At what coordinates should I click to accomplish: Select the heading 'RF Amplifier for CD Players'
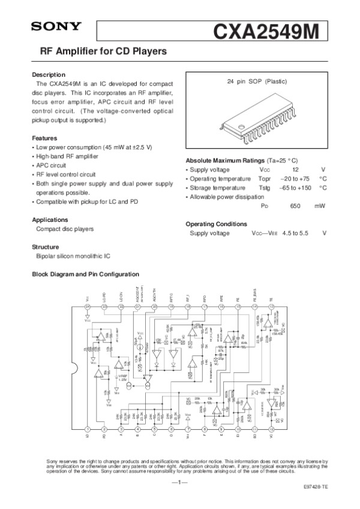pyautogui.click(x=103, y=52)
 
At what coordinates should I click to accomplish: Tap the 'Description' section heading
pyautogui.click(x=48, y=74)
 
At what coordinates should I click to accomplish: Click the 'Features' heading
pyautogui.click(x=44, y=137)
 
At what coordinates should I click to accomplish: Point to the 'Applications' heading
pyautogui.click(x=50, y=219)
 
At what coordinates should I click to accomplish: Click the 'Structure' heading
pyautogui.click(x=45, y=247)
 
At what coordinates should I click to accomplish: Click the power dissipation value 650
pyautogui.click(x=295, y=205)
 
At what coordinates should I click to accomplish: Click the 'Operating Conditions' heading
pyautogui.click(x=216, y=224)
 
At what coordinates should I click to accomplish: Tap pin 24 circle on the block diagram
pyautogui.click(x=88, y=307)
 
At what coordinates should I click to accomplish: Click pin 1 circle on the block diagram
pyautogui.click(x=88, y=429)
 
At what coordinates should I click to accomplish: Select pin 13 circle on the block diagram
pyautogui.click(x=272, y=307)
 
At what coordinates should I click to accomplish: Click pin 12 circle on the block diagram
pyautogui.click(x=272, y=429)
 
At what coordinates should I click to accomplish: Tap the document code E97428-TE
pyautogui.click(x=315, y=488)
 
